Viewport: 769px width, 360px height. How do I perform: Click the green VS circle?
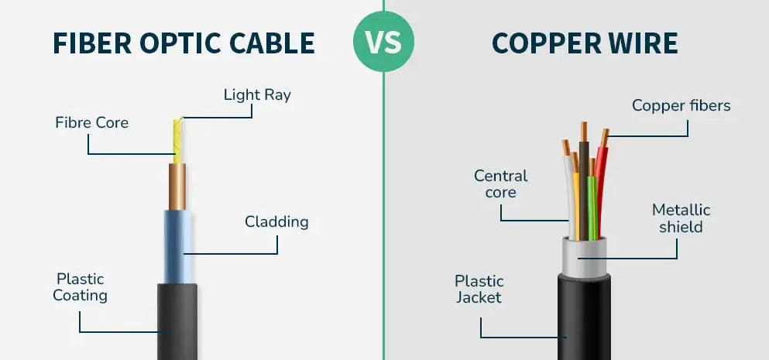(x=384, y=43)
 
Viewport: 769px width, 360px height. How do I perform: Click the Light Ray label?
(x=257, y=95)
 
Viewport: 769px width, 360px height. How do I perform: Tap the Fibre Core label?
(x=91, y=122)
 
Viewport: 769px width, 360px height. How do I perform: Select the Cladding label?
(x=276, y=222)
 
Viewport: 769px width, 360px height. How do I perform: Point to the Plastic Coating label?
(x=80, y=286)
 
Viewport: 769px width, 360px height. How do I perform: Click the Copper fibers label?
(x=681, y=105)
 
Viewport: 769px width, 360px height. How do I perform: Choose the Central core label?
(x=500, y=184)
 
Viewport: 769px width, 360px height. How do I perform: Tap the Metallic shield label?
(x=681, y=218)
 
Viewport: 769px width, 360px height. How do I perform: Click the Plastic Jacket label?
(x=479, y=289)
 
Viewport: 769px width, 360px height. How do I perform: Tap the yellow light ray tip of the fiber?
(x=177, y=139)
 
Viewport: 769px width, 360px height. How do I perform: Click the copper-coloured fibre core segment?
(x=177, y=187)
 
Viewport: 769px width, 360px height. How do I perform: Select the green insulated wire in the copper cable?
(x=592, y=209)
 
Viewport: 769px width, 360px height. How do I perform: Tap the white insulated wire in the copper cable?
(x=570, y=197)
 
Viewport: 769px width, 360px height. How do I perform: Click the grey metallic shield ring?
(x=583, y=255)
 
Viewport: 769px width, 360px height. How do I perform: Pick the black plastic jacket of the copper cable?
(x=583, y=317)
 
